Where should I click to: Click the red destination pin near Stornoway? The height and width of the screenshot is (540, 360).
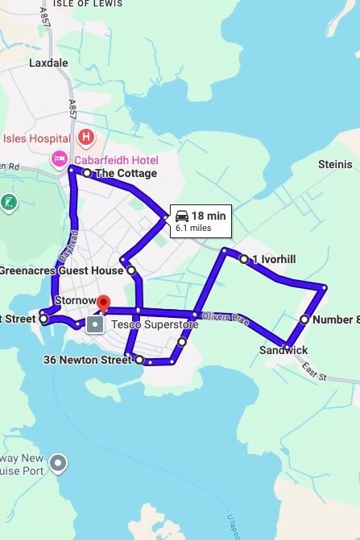point(102,303)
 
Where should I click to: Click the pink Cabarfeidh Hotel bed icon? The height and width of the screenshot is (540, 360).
point(60,159)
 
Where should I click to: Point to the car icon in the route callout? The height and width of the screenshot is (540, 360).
point(182,216)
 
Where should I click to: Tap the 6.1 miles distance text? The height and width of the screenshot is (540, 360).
point(193,229)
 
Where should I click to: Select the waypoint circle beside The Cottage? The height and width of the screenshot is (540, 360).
point(87,173)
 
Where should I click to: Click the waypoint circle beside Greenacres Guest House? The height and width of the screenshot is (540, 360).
point(131,270)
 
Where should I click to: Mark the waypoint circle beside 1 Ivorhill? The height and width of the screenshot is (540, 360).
point(243,259)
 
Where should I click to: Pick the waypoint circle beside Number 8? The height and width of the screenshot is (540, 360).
point(304,319)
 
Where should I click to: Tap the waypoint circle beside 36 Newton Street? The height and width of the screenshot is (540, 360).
point(139,360)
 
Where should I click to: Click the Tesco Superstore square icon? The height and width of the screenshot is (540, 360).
point(95,325)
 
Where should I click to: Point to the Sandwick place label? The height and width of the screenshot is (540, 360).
point(283,350)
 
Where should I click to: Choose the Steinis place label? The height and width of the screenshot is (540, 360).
point(335,164)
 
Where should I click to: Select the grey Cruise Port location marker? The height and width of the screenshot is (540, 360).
point(58,463)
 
